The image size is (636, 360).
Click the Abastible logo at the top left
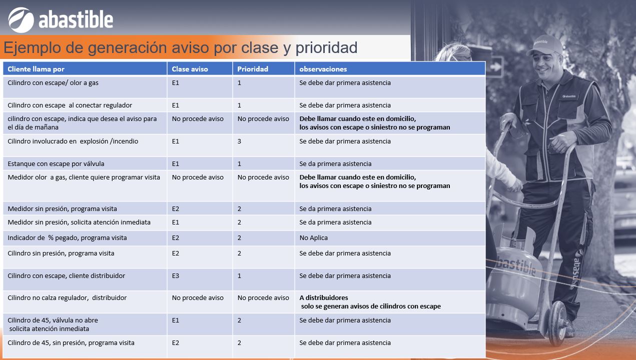point(61,20)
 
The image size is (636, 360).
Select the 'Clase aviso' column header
point(190,69)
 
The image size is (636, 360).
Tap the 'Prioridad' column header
point(252,69)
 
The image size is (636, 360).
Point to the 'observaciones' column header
point(323,69)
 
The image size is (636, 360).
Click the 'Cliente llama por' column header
point(36,69)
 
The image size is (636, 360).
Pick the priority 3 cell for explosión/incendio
point(239,141)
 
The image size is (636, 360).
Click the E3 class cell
point(176,275)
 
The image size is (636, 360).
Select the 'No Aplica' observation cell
point(313,237)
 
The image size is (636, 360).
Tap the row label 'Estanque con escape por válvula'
point(56,163)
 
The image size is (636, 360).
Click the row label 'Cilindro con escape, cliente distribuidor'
point(66,275)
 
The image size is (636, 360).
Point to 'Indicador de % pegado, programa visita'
point(67,237)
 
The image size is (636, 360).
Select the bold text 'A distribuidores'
point(324,297)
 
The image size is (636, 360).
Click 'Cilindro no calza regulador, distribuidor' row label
point(67,297)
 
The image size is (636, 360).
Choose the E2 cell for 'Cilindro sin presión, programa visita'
point(176,253)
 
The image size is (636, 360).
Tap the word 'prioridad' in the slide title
point(326,48)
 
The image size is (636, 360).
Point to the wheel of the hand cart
point(558,323)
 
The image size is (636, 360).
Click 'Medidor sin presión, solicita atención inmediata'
point(79,222)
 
